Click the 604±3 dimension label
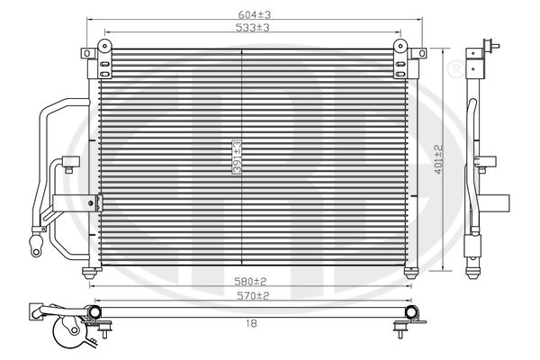coord(254,13)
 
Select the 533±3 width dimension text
coord(254,27)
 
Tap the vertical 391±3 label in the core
coord(237,156)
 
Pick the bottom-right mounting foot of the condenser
coord(412,271)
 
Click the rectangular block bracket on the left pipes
coord(67,203)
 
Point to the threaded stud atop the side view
coord(487,43)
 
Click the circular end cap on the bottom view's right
coord(416,312)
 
